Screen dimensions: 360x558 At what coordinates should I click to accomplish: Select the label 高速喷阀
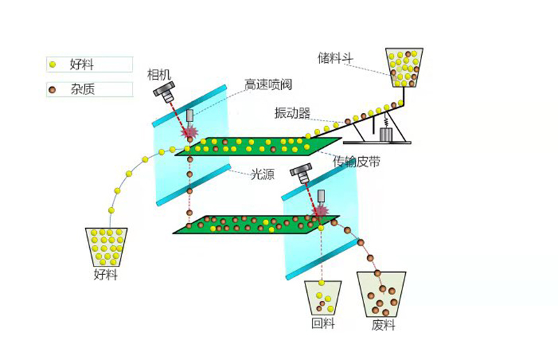click(x=267, y=84)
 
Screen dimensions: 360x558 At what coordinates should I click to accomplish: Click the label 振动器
click(x=292, y=112)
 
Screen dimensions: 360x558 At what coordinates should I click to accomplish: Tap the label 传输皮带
click(x=356, y=161)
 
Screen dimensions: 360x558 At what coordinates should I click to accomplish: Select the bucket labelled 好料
click(x=105, y=246)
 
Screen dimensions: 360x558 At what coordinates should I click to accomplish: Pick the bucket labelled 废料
click(x=382, y=293)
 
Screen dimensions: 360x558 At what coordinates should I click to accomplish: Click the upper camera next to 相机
click(x=167, y=91)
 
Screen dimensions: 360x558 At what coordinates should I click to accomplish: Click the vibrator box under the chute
click(x=386, y=133)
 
